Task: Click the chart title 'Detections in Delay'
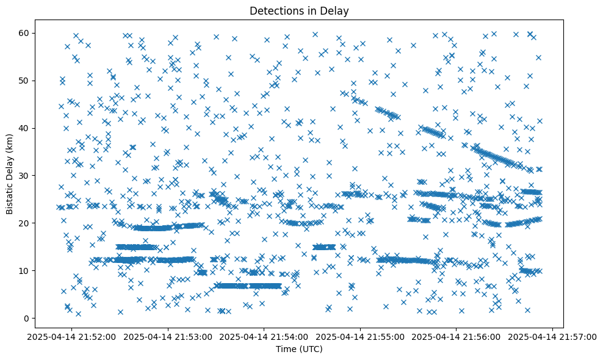click(299, 10)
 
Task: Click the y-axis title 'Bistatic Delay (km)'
click(10, 174)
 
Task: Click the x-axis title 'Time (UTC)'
click(299, 350)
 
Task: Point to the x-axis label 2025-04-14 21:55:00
click(361, 336)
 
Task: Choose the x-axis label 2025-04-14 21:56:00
click(457, 336)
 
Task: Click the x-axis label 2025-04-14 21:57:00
click(553, 336)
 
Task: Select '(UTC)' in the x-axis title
click(311, 350)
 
